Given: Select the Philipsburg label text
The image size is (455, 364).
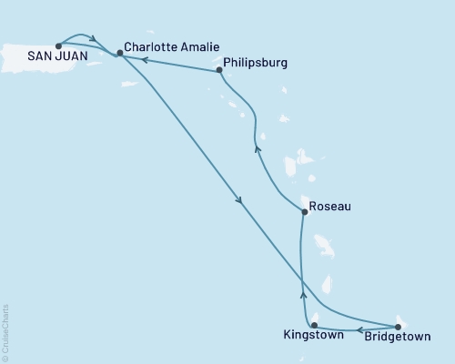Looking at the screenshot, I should coord(255,63).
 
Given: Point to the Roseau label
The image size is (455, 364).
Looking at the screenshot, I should coord(329,206).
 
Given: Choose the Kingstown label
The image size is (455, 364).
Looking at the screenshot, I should coord(313,336).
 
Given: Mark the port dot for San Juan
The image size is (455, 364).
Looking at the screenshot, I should coord(58,45).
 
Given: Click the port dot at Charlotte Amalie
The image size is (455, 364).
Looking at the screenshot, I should coord(119,53).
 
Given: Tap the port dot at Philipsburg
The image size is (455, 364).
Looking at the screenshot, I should coord(219,69).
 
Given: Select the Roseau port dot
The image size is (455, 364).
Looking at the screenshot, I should coord(303,212).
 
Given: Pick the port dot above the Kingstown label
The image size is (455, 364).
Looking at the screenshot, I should coord(314,325).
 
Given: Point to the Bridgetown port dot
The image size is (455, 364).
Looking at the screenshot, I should coord(398,326).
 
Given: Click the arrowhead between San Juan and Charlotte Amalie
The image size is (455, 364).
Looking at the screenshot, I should coord(95,39).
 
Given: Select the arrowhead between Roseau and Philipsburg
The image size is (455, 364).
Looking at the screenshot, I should coord(258,149).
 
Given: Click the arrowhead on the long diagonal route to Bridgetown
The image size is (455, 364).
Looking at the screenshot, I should coord(238,202).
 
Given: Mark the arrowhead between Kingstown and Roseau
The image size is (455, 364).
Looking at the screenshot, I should coord(302,294).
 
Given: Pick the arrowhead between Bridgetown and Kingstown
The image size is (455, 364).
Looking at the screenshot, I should coord(359,329).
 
